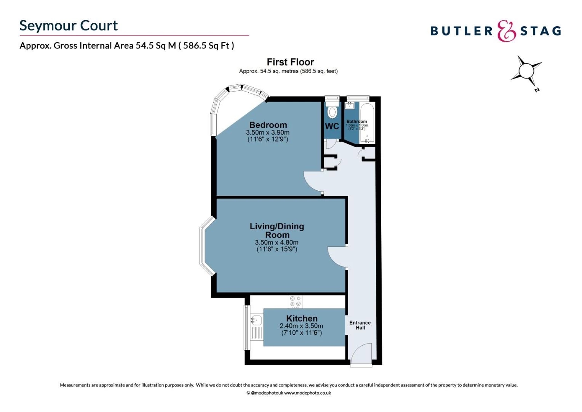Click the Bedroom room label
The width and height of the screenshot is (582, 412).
[x=268, y=125]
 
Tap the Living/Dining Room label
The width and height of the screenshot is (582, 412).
[x=277, y=230]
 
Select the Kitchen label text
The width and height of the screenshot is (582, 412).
[x=302, y=319]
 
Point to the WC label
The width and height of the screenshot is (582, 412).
[x=332, y=126]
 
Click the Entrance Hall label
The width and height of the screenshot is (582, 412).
[x=360, y=325]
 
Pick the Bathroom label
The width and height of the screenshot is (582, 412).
[x=357, y=121]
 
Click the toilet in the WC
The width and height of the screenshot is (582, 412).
[x=332, y=111]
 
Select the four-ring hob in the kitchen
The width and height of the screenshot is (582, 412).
[x=295, y=301]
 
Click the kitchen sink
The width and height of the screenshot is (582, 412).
[x=256, y=319]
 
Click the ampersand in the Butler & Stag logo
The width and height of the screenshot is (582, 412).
[x=506, y=31]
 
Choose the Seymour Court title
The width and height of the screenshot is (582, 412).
[x=69, y=26]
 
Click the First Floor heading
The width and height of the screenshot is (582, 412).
[x=290, y=62]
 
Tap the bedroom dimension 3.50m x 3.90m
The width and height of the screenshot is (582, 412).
[x=268, y=133]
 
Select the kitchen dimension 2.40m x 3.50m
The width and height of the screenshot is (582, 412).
[x=301, y=326]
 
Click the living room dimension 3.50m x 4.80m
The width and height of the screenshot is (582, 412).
[x=277, y=243]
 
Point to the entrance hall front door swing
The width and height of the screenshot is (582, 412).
[x=360, y=354]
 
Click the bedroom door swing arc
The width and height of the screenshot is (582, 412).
[x=312, y=181]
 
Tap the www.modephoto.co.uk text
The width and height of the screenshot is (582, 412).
[x=307, y=393]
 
